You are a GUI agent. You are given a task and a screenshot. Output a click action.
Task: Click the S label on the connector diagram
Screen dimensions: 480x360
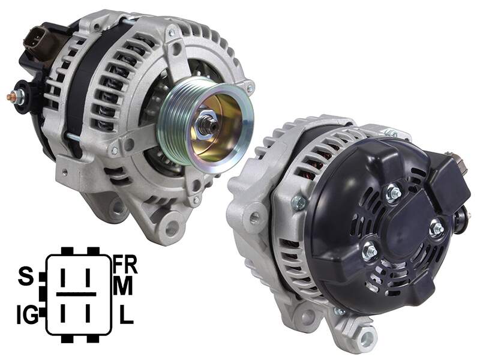(26, 276)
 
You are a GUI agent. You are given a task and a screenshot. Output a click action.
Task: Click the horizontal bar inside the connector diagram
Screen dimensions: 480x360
(76, 294)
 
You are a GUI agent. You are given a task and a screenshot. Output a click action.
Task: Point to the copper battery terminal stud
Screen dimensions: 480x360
(11, 97)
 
